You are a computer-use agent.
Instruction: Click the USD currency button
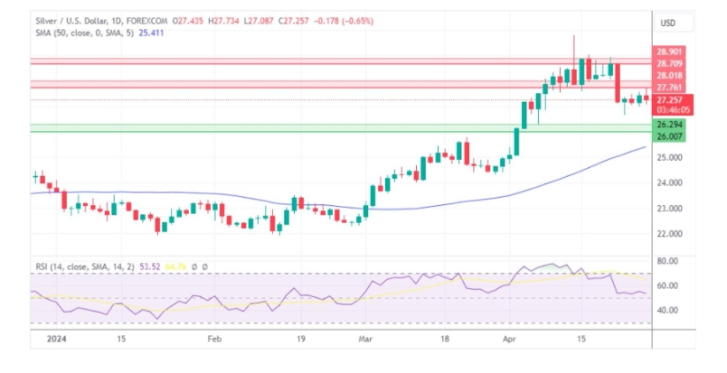coord(668,23)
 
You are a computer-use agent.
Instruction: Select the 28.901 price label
coord(670,53)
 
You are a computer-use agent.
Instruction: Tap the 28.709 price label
coord(670,63)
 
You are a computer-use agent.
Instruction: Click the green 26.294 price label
coord(670,124)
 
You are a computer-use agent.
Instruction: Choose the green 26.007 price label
coord(670,135)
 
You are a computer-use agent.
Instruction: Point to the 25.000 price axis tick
coord(670,157)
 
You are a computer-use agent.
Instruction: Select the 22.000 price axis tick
coord(670,234)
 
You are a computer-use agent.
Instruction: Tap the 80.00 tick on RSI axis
coord(667,261)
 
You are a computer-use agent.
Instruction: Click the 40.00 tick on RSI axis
coord(667,310)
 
